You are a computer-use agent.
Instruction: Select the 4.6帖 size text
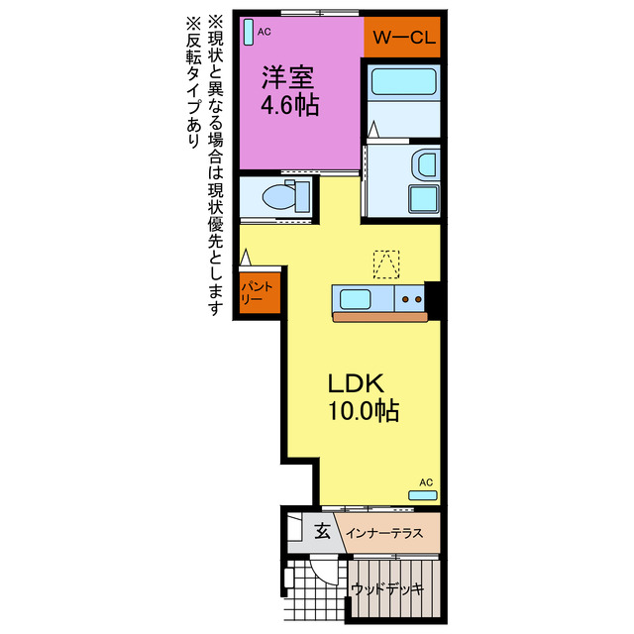(289, 106)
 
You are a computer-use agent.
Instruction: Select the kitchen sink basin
(354, 297)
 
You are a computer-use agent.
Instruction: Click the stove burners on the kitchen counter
(410, 297)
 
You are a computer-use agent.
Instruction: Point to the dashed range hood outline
(386, 264)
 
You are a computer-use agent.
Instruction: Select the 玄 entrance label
(322, 532)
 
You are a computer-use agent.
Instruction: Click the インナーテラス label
(385, 533)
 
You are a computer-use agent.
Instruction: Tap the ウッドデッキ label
(387, 588)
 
